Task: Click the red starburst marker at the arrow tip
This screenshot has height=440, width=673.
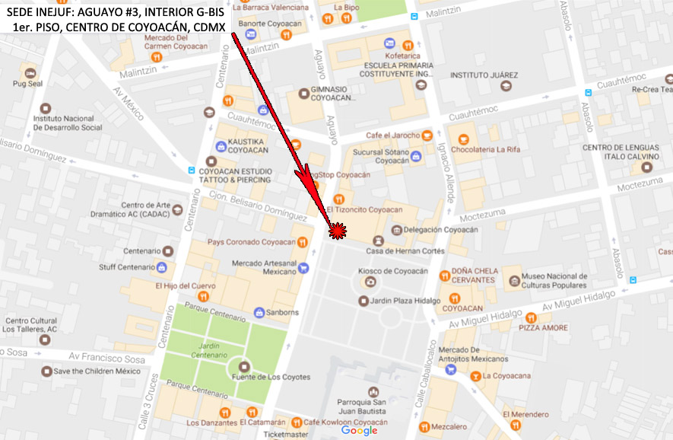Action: [x=338, y=230]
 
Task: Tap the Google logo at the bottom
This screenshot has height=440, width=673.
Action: [x=359, y=430]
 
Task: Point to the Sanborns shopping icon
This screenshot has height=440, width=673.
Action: [x=259, y=313]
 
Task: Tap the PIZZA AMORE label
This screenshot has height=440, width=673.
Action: [x=543, y=327]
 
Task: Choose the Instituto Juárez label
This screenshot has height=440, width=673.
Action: [x=484, y=75]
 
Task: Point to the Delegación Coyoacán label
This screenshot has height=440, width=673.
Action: [x=445, y=230]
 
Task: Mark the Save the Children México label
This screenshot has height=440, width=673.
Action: [x=97, y=371]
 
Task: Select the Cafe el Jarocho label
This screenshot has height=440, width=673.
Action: [x=392, y=136]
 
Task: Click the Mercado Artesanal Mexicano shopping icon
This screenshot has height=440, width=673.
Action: [x=303, y=267]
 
